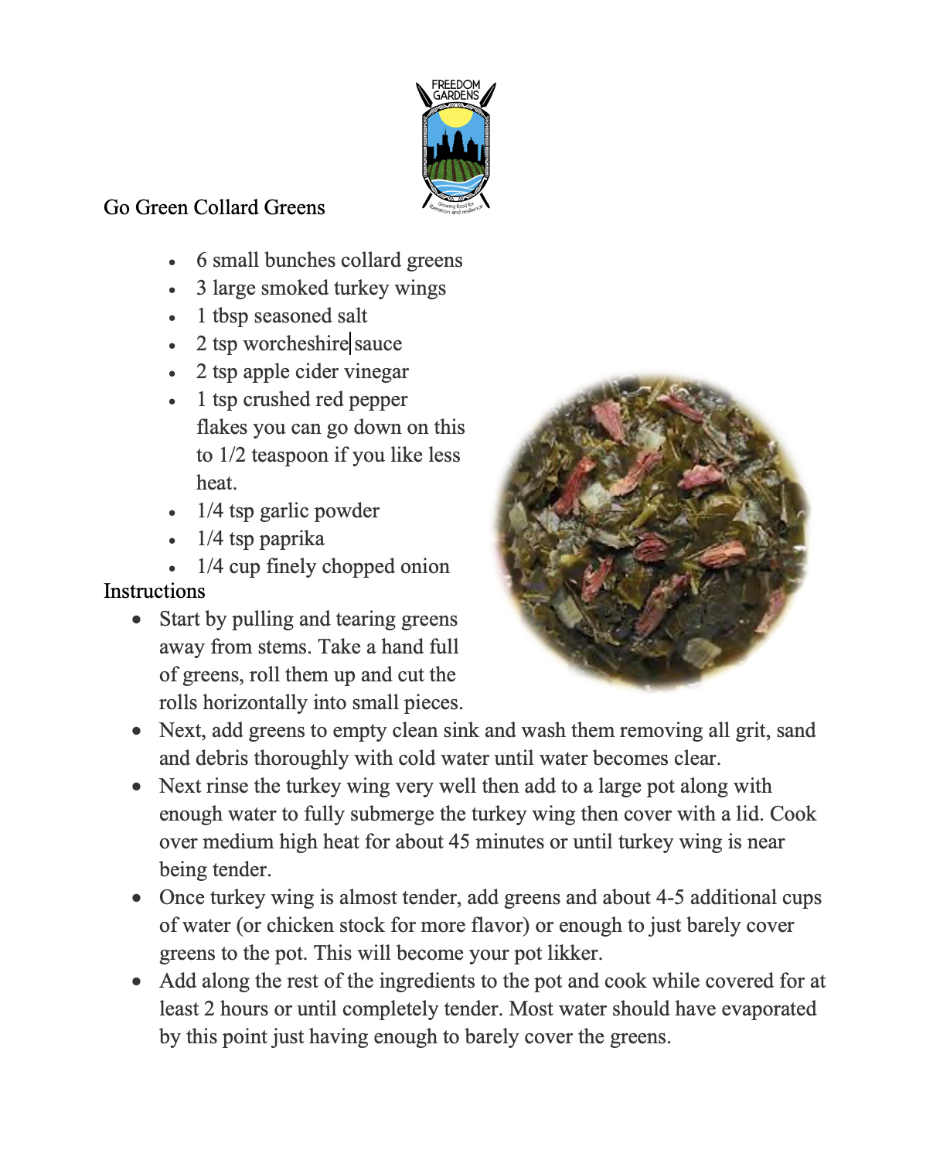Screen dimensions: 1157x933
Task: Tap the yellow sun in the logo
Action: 455,117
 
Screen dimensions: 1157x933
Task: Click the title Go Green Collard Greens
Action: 214,207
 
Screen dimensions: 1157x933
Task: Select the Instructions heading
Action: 155,591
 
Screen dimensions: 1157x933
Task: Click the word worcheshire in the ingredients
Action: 295,343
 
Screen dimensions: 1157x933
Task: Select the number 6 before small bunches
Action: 202,261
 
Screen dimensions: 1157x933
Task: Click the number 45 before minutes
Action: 459,841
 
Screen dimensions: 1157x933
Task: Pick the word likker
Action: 574,953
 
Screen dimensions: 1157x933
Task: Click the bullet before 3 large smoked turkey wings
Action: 172,290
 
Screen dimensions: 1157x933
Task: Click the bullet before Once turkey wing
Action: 137,898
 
